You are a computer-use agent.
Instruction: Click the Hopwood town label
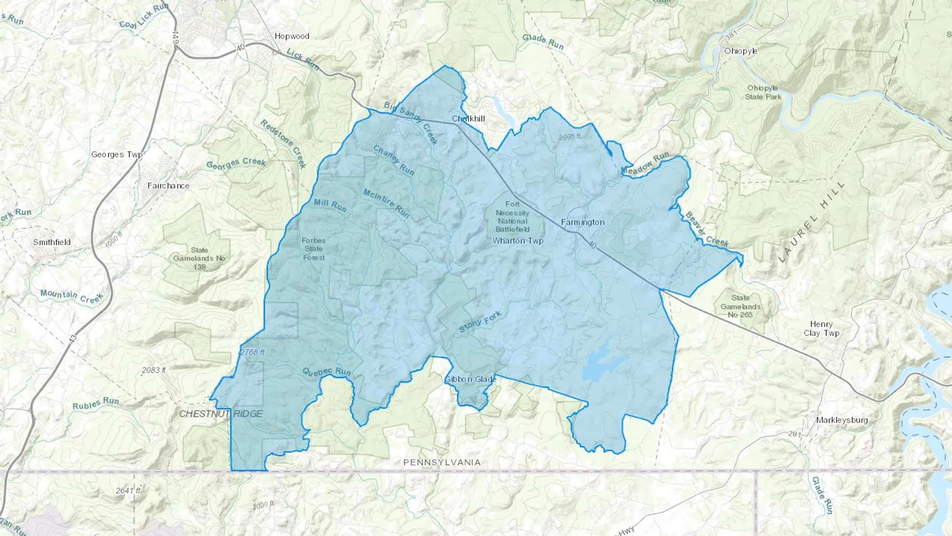tap(292, 37)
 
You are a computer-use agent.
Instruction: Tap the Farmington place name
tap(582, 222)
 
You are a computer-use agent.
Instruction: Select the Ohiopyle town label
tap(740, 51)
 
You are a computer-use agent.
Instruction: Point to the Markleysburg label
tap(841, 420)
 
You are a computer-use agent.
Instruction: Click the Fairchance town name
tap(168, 186)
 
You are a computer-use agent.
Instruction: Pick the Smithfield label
tap(52, 242)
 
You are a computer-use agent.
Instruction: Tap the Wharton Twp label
tap(517, 241)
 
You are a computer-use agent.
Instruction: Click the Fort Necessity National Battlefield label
tap(512, 216)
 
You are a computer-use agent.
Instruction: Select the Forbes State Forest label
tap(314, 249)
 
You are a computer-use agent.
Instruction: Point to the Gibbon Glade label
tap(470, 379)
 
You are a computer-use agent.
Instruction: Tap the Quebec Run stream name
tap(326, 372)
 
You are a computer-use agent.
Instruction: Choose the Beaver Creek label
tap(707, 229)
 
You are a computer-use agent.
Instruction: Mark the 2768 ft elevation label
tap(252, 352)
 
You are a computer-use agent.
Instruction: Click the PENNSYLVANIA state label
tap(442, 462)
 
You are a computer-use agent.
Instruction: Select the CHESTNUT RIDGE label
tap(221, 414)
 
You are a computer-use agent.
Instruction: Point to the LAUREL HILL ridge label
tap(812, 222)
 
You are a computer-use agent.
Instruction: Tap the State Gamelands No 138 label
tap(199, 258)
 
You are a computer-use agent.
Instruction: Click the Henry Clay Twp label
tap(821, 329)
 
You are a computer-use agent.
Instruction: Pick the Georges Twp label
tap(116, 155)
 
